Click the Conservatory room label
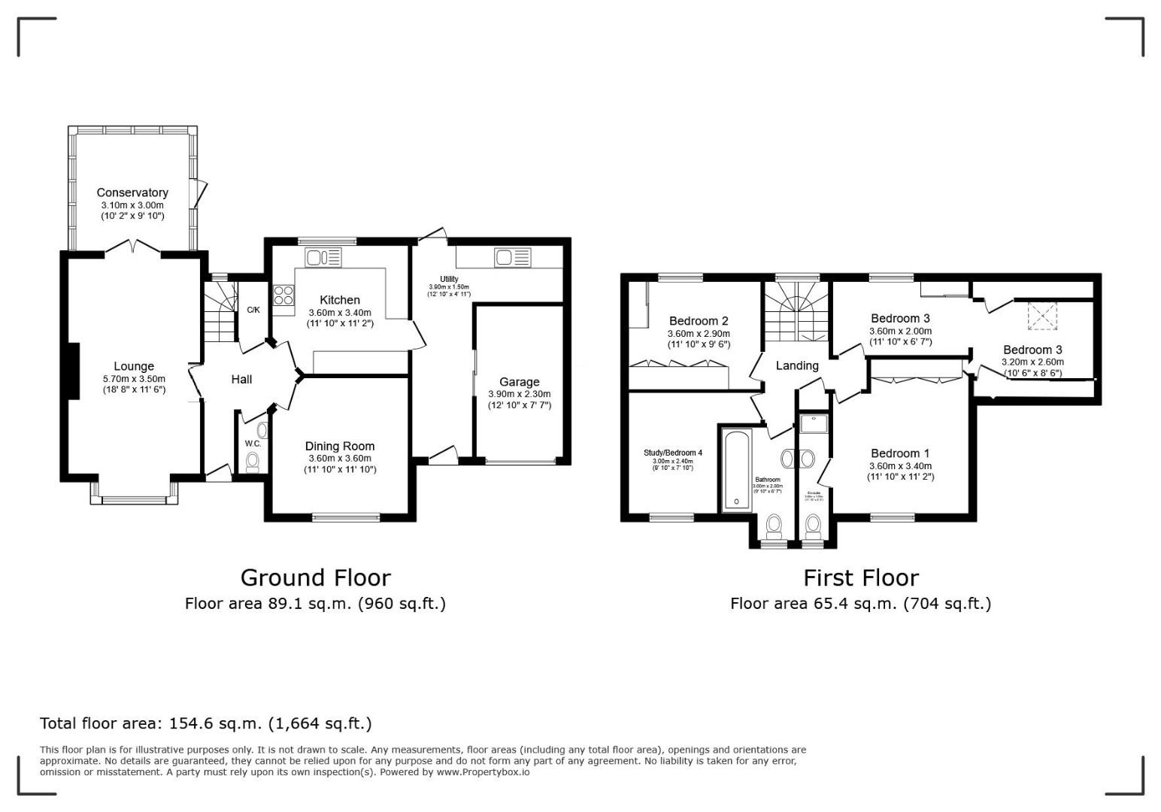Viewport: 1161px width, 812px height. tap(132, 192)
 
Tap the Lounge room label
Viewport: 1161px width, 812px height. tap(134, 367)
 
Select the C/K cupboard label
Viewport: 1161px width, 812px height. tap(253, 310)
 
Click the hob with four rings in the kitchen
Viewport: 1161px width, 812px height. tap(283, 295)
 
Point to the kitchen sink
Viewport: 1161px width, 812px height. tap(323, 258)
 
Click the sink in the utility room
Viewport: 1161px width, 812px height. tap(512, 258)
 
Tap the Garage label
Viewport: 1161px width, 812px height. tap(519, 382)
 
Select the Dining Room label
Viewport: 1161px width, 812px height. tap(340, 446)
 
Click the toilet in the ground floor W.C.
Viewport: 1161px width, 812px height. tap(253, 461)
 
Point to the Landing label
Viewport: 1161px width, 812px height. tap(796, 365)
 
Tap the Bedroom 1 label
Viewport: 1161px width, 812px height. tap(900, 453)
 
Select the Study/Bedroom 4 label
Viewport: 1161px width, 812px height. tap(672, 453)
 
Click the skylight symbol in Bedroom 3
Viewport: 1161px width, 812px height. tap(1041, 316)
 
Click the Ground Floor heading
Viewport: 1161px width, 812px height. tap(315, 577)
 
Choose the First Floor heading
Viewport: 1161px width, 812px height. tap(860, 577)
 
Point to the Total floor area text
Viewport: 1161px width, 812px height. tap(205, 723)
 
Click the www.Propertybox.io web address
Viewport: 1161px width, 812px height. tap(482, 772)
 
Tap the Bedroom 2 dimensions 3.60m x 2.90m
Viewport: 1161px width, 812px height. tap(699, 334)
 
